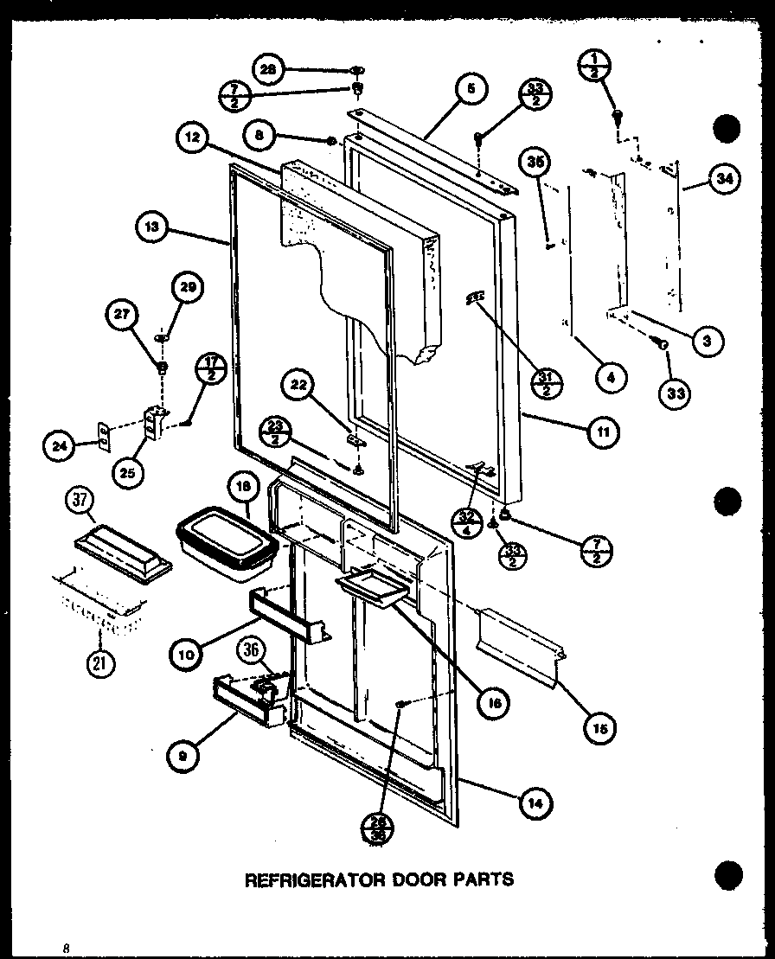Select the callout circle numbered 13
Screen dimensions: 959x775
pos(152,228)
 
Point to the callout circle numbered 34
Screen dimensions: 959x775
pos(725,180)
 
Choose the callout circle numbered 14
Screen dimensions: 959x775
pos(535,802)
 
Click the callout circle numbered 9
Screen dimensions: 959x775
pos(184,755)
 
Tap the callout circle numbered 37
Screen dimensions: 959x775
pos(80,501)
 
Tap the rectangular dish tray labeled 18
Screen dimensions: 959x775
pos(227,545)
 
